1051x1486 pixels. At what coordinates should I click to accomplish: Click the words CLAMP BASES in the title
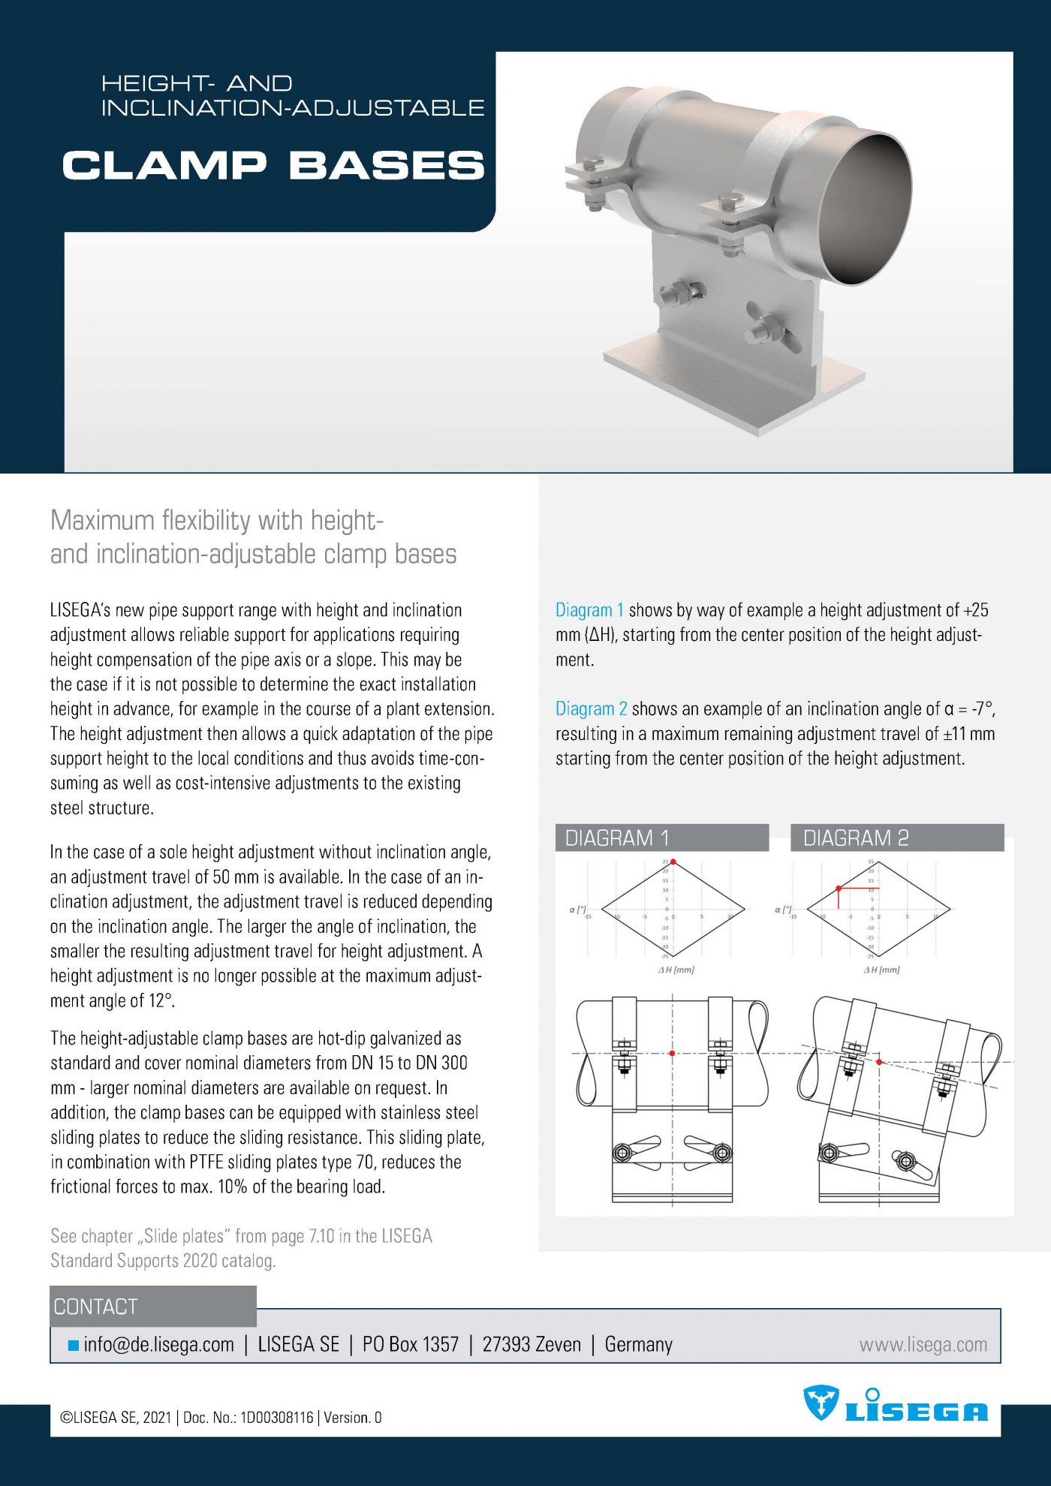[273, 165]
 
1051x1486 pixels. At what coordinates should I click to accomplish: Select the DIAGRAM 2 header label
[856, 838]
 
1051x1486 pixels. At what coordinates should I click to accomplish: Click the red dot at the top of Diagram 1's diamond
[673, 862]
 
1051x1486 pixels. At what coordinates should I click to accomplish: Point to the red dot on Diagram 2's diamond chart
[839, 889]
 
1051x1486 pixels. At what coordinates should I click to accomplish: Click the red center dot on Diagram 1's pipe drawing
[672, 1053]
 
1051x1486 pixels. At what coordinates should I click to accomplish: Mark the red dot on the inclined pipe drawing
[879, 1062]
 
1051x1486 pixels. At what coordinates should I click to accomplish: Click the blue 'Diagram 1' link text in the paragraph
[589, 610]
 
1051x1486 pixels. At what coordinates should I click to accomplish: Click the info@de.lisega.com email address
[158, 1344]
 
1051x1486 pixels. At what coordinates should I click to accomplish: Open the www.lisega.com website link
[923, 1344]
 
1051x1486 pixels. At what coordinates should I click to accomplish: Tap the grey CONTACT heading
[95, 1307]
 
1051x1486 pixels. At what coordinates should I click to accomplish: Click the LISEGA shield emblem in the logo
[821, 1402]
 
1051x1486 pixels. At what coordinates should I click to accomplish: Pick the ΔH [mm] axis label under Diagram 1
[676, 970]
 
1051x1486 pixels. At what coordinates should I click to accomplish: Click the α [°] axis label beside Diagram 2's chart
[783, 910]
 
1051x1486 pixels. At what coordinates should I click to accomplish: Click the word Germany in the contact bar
[638, 1344]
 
